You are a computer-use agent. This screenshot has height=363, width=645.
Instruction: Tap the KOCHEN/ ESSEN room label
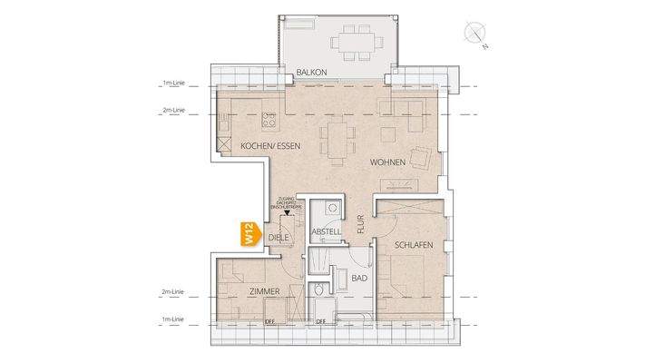pyautogui.click(x=270, y=146)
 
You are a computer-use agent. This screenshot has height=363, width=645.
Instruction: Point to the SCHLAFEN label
pyautogui.click(x=414, y=245)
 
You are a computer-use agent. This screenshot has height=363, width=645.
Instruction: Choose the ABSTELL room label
pyautogui.click(x=325, y=232)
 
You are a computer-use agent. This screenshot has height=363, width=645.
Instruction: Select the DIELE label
pyautogui.click(x=278, y=238)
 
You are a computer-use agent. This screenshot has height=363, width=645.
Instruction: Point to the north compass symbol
pyautogui.click(x=474, y=34)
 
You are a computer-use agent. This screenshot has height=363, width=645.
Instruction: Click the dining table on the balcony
pyautogui.click(x=347, y=42)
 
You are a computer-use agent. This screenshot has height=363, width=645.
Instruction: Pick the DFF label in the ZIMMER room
pyautogui.click(x=269, y=320)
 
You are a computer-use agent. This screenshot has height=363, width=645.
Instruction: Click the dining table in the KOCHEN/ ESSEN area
pyautogui.click(x=338, y=142)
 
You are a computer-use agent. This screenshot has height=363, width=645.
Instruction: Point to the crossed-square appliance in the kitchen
pyautogui.click(x=223, y=143)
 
